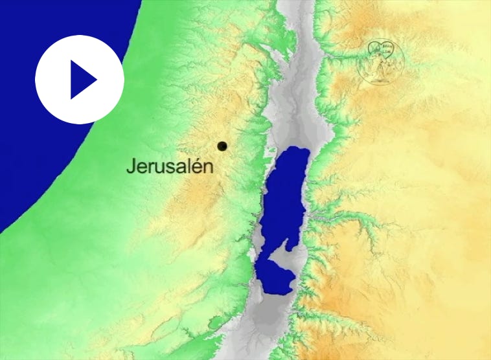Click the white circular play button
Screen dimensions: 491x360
click(79, 79)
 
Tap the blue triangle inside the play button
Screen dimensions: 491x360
click(82, 80)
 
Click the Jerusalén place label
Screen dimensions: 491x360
click(169, 166)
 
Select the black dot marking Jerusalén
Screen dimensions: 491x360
click(222, 146)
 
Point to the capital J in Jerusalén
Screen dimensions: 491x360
click(130, 166)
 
